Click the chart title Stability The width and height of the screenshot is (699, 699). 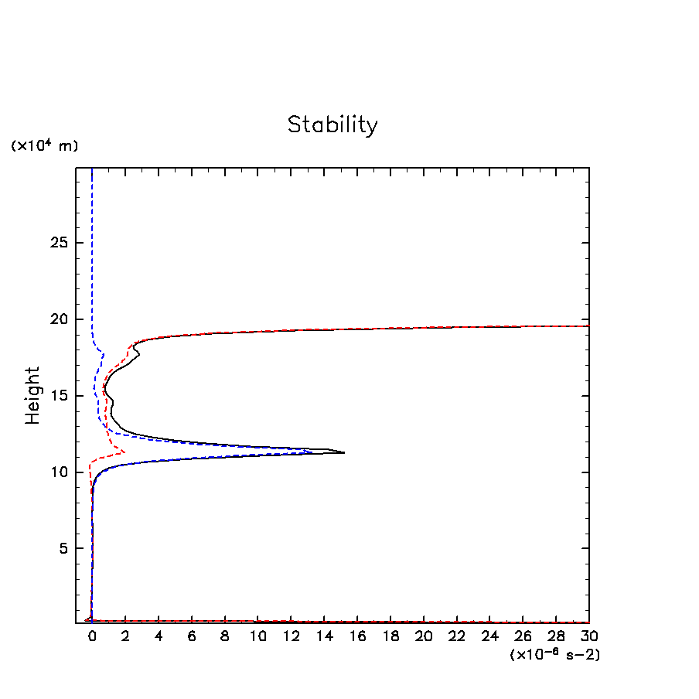[x=332, y=124]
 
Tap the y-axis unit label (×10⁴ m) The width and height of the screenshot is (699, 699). [x=44, y=145]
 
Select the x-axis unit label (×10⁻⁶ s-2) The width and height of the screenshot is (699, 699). [x=555, y=654]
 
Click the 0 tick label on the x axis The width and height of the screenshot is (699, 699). [x=92, y=636]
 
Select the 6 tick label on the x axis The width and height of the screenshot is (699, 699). [x=192, y=636]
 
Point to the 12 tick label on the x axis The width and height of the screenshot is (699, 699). [x=291, y=636]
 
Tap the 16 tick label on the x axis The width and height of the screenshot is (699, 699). [x=357, y=636]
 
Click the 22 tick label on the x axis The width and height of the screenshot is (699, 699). [x=457, y=636]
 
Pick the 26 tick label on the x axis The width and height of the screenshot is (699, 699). [x=523, y=636]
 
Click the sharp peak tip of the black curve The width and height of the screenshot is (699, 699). [x=344, y=452]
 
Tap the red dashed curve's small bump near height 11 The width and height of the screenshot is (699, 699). [x=124, y=451]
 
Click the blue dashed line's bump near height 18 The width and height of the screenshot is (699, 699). [x=104, y=354]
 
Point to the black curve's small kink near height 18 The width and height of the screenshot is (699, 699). [x=139, y=354]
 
